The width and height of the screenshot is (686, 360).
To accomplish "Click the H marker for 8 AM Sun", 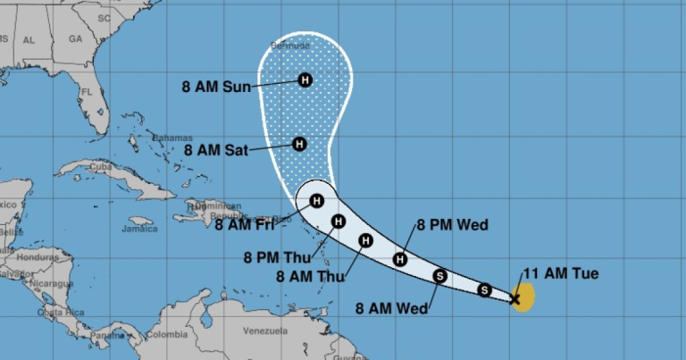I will (305, 80).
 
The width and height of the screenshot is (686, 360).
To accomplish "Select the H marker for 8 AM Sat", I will (299, 144).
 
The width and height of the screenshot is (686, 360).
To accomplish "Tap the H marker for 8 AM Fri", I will (316, 201).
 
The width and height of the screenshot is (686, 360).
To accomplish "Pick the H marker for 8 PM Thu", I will (338, 222).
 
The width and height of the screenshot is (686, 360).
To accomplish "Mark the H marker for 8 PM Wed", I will (400, 259).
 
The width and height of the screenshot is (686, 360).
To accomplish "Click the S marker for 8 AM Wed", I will (439, 276).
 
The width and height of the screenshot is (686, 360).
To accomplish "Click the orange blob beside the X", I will (525, 295).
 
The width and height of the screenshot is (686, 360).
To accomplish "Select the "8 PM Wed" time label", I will (453, 225).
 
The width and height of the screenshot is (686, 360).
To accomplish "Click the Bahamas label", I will (171, 138).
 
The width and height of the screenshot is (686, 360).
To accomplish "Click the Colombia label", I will (168, 335).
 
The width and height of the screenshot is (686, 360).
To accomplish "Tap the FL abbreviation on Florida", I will (87, 92).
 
